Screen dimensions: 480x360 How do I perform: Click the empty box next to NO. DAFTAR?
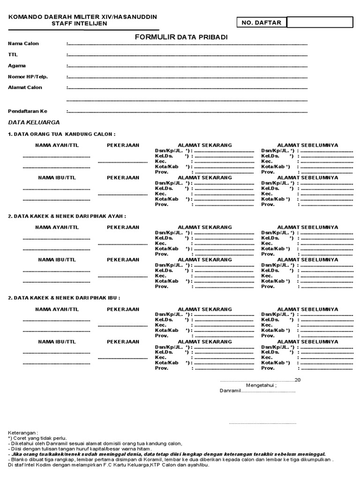[x=320, y=22]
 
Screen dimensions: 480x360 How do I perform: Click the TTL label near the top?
[x=13, y=55]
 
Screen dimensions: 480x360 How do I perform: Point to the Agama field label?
[x=17, y=66]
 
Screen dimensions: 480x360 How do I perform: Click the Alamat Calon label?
[x=25, y=87]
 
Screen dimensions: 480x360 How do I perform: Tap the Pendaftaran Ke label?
[x=28, y=111]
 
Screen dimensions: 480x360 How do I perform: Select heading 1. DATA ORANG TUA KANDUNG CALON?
[x=61, y=134]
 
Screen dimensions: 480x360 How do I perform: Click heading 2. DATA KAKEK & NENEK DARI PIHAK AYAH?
[x=67, y=216]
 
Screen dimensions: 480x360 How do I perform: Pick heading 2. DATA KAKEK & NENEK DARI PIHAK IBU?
[x=64, y=298]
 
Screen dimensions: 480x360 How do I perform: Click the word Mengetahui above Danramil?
[x=262, y=385]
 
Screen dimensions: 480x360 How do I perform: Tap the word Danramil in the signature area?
[x=230, y=391]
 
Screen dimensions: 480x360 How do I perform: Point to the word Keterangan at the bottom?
[x=23, y=433]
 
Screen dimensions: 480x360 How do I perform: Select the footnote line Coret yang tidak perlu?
[x=37, y=438]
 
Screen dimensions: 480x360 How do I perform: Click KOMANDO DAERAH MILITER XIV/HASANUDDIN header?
[x=82, y=17]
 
